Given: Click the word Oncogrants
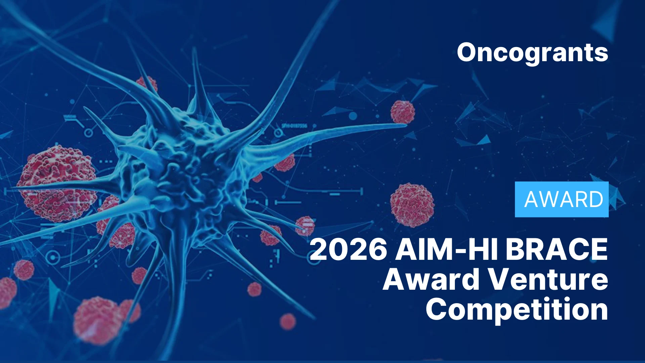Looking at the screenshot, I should pyautogui.click(x=532, y=53).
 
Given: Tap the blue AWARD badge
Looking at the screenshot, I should pyautogui.click(x=562, y=199).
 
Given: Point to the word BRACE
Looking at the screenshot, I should pyautogui.click(x=557, y=249).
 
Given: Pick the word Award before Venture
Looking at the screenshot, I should pyautogui.click(x=431, y=280).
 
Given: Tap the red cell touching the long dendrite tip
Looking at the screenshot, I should pyautogui.click(x=402, y=112).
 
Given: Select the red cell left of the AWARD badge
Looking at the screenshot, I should pyautogui.click(x=412, y=204).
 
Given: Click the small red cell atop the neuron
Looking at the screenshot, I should pyautogui.click(x=147, y=84).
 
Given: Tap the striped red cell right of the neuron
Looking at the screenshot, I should pyautogui.click(x=305, y=226).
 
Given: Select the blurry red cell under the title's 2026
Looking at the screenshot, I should pyautogui.click(x=288, y=321).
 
